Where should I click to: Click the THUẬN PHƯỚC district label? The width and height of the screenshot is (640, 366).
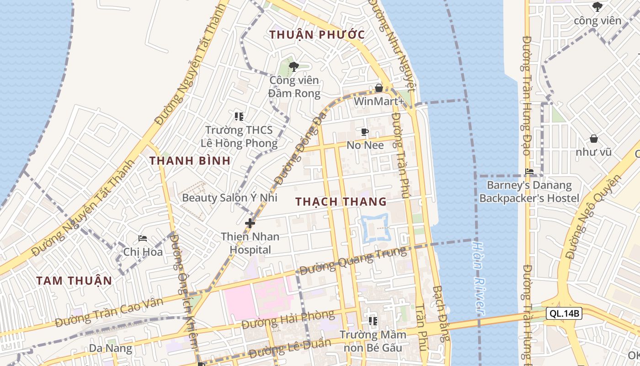317,35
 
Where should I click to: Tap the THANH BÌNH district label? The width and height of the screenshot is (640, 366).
190,161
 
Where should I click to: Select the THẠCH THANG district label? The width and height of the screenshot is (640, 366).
341,202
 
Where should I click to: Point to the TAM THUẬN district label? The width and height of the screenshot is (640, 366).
74,280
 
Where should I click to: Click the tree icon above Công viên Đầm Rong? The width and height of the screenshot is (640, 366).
293,67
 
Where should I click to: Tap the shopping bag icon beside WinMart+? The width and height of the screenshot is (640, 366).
379,88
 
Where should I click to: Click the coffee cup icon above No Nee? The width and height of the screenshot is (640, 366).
364,132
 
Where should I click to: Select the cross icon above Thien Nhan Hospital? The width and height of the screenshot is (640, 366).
250,223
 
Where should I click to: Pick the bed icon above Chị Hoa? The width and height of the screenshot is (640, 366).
143,238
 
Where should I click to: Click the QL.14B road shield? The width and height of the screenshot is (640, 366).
564,313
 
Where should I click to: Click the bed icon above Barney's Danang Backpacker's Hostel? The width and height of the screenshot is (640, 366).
529,172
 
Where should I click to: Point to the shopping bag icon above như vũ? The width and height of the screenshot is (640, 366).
593,138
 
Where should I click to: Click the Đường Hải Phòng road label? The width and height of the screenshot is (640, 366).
288,319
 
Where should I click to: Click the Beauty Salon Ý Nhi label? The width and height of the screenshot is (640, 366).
229,198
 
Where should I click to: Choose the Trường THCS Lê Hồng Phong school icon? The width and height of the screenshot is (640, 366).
239,117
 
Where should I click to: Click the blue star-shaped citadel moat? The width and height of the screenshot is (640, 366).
375,227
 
